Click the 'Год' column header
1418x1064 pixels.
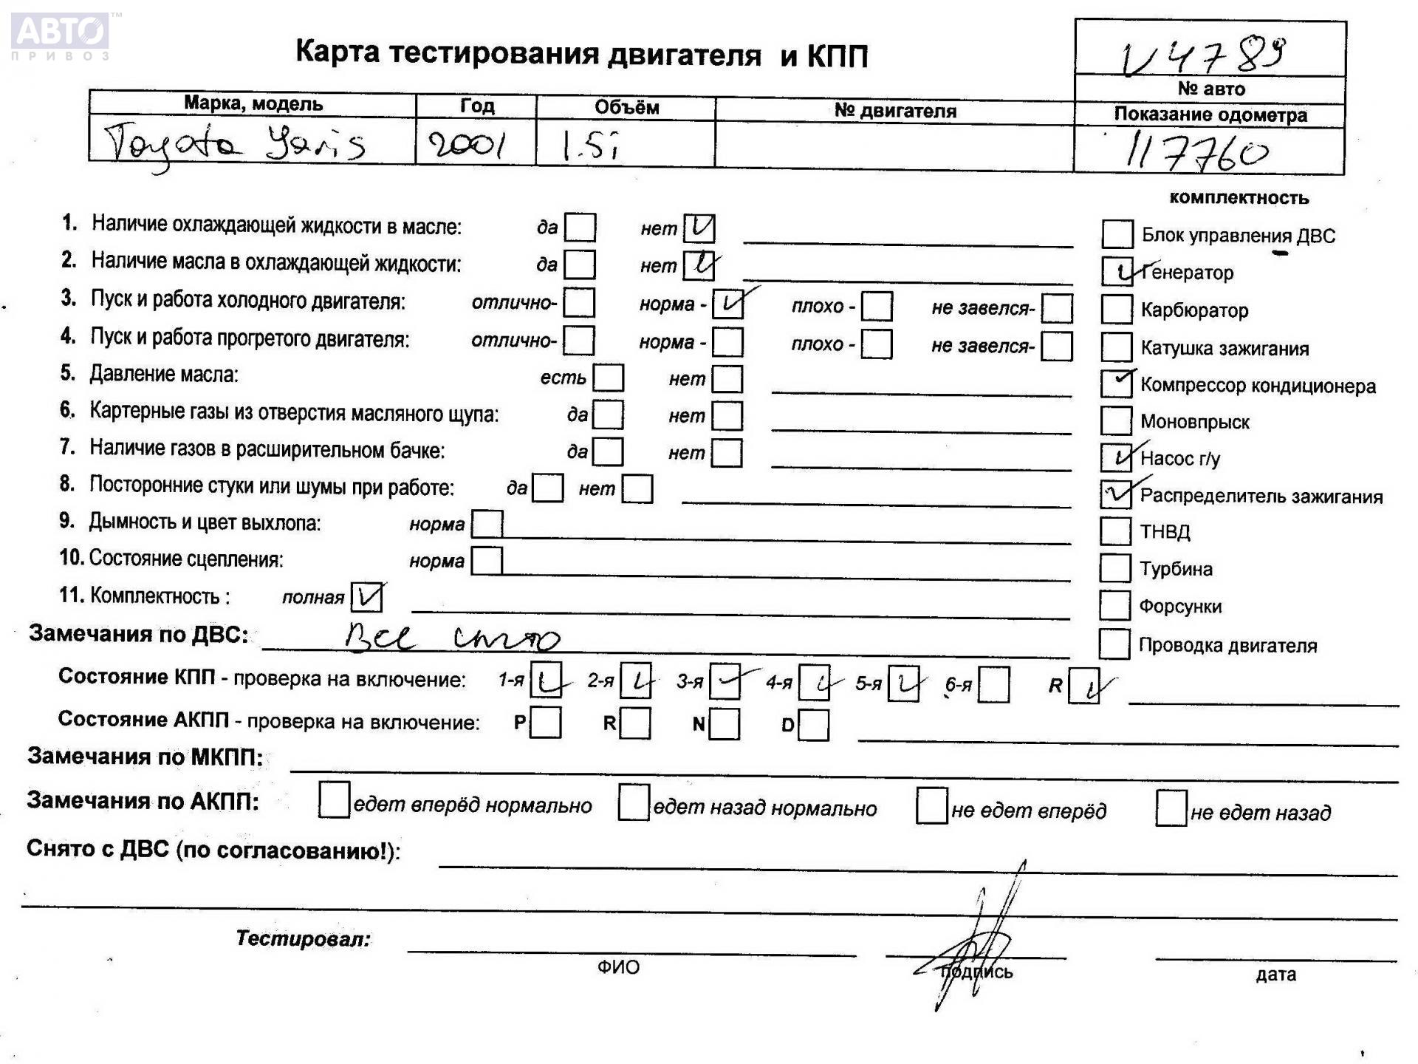[x=476, y=106]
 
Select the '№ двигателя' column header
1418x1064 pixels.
[x=894, y=111]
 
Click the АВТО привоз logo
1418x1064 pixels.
[x=61, y=35]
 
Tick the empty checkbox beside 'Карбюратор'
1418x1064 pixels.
[x=1116, y=310]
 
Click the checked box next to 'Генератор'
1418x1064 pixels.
[x=1116, y=272]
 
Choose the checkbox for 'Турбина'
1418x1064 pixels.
[x=1114, y=568]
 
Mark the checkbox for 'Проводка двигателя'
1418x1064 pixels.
[x=1114, y=644]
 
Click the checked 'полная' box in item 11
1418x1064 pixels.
[x=366, y=597]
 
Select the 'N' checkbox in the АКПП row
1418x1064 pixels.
[x=725, y=724]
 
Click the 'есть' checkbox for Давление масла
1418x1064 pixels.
[x=609, y=378]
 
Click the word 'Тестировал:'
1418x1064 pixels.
[x=303, y=938]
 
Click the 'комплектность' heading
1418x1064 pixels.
[x=1239, y=197]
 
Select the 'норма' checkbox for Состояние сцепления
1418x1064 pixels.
[x=486, y=561]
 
